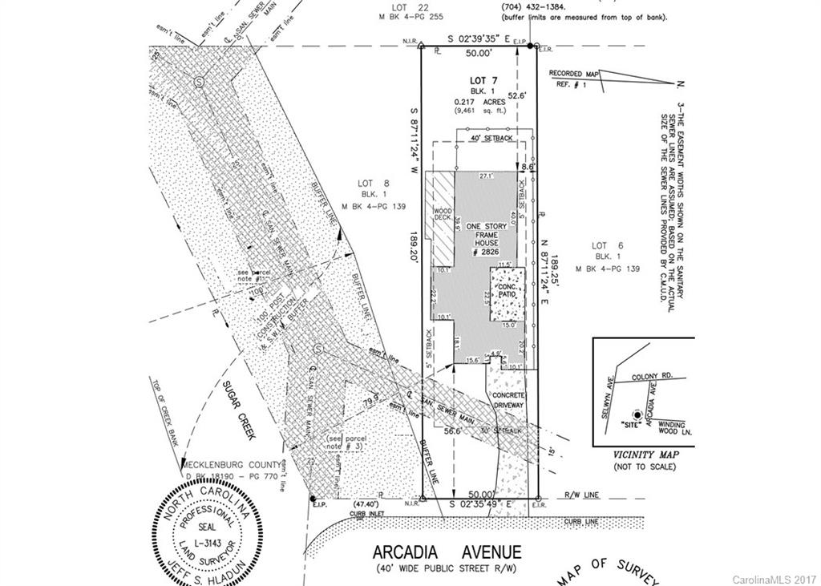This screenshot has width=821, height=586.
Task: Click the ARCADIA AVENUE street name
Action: pos(447,552)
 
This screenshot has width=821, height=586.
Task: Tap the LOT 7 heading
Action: pos(483,81)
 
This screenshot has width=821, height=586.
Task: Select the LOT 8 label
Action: pos(375,184)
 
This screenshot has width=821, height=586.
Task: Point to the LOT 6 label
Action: pos(607,245)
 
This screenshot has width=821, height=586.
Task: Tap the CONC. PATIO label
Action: pos(508,289)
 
